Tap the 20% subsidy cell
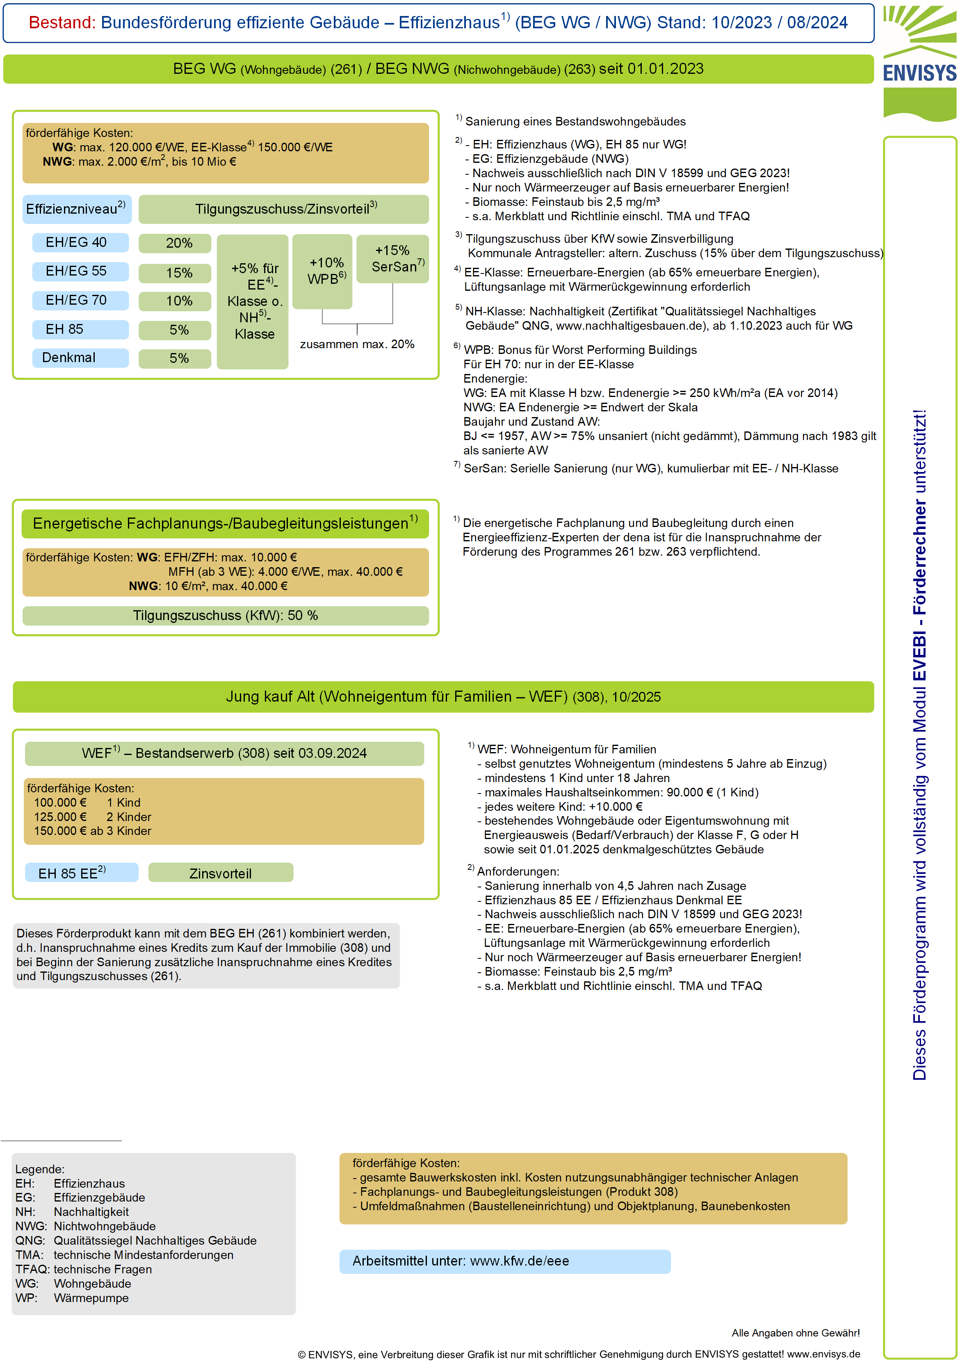click(175, 243)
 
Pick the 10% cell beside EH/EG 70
click(175, 301)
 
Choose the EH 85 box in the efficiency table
click(80, 329)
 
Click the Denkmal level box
click(80, 358)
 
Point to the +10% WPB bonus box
click(322, 271)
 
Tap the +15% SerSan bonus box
click(392, 259)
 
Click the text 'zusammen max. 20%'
click(357, 344)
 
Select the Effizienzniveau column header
click(77, 209)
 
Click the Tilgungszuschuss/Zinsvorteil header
click(284, 209)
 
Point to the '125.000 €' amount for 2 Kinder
click(60, 817)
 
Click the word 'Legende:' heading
click(40, 1169)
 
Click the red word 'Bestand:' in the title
click(62, 23)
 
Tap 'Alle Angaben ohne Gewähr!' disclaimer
click(795, 1333)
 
